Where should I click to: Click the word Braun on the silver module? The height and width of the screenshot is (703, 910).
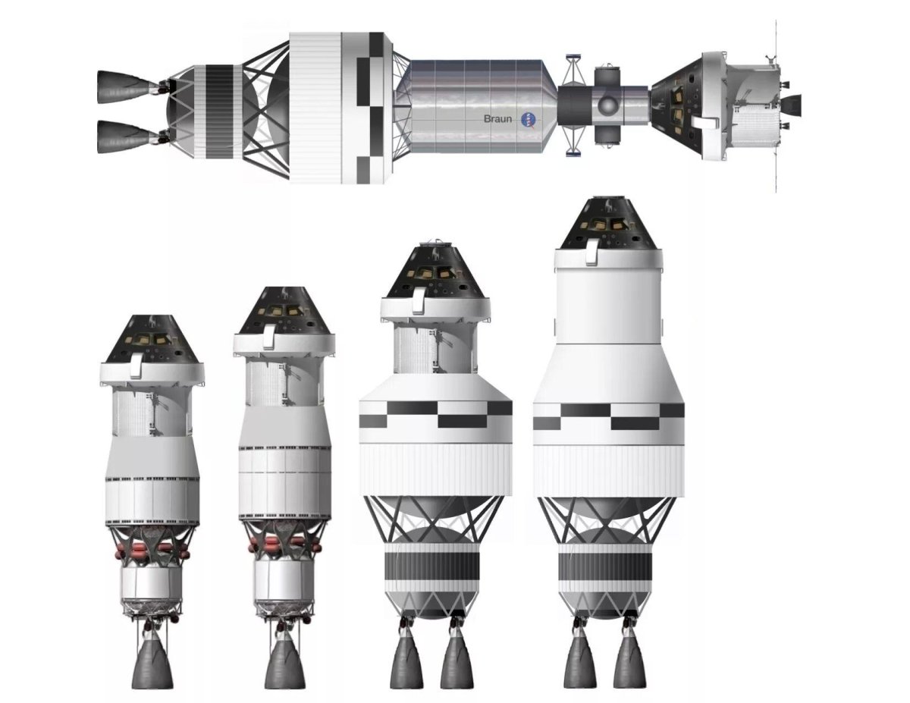click(x=498, y=119)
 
